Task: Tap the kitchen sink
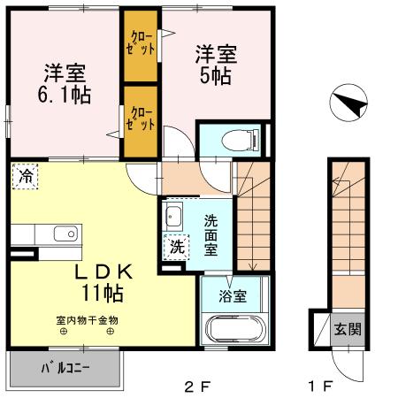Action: [x=64, y=234]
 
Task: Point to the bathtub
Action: [x=233, y=329]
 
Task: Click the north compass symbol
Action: [x=347, y=105]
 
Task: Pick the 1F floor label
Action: [x=321, y=386]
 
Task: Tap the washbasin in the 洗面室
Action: [x=173, y=216]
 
